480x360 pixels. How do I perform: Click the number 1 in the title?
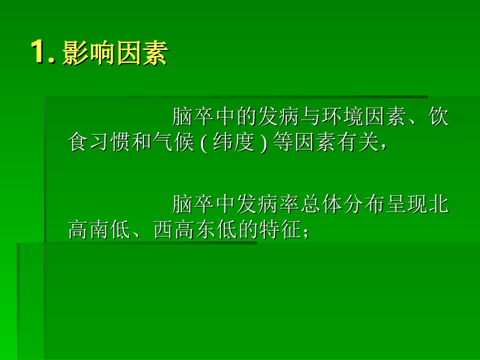(40, 53)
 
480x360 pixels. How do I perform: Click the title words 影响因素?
(115, 55)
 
